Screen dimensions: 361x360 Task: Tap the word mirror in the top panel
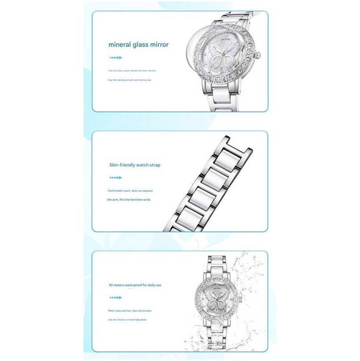click(160, 44)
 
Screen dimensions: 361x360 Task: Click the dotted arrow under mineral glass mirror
click(115, 58)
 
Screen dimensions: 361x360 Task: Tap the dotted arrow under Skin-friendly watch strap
click(115, 177)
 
